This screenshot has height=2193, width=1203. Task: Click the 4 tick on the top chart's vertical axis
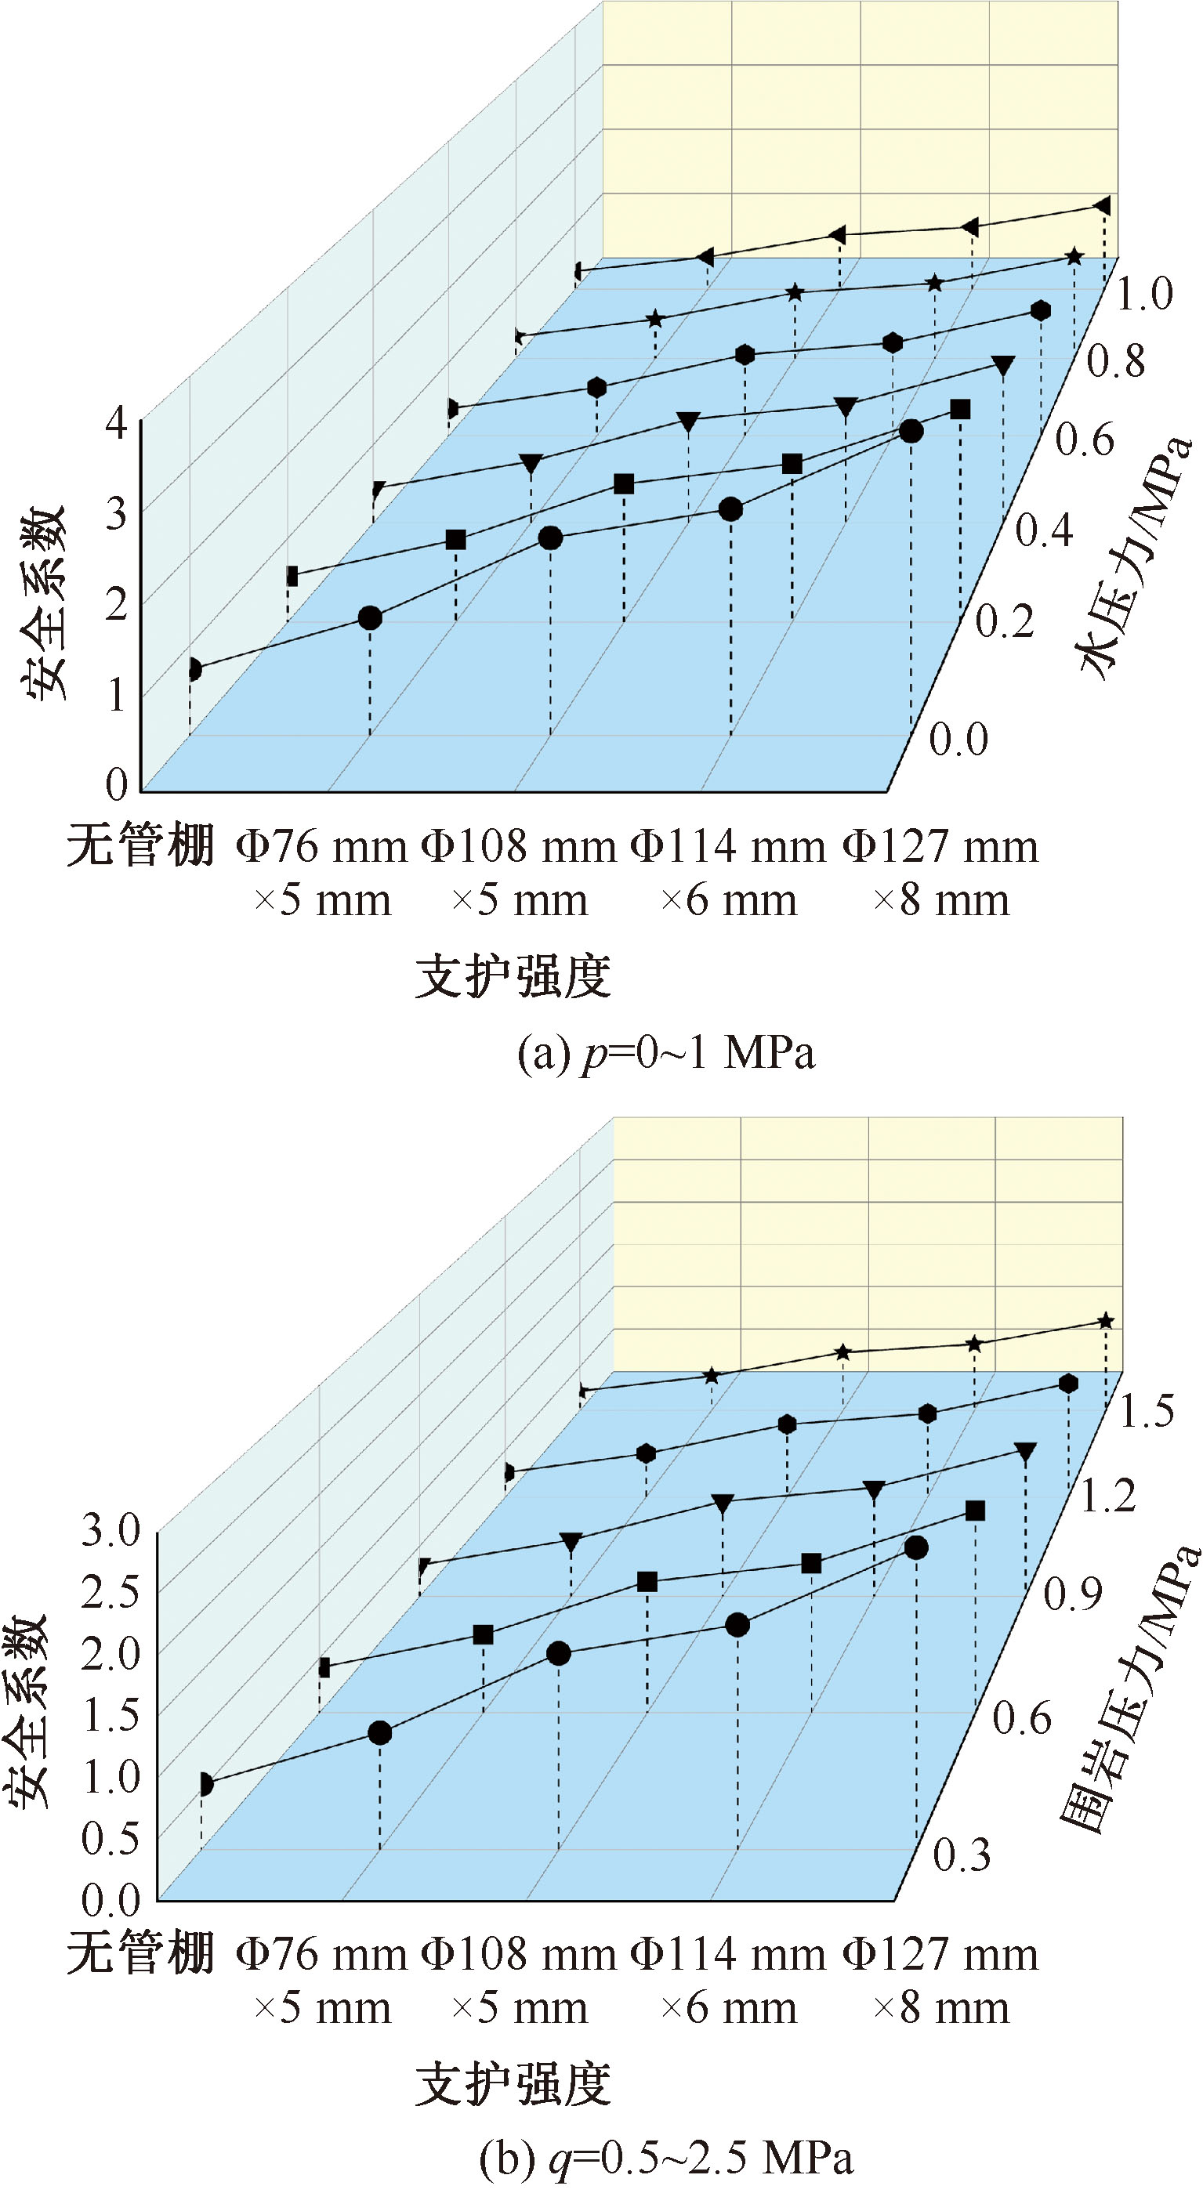click(116, 422)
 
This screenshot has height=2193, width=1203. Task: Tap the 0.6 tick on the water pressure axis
click(1085, 440)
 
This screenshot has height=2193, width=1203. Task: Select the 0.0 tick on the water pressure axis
click(958, 739)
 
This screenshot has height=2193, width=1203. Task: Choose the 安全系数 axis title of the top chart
click(42, 603)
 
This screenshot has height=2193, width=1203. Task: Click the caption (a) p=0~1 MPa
click(666, 1053)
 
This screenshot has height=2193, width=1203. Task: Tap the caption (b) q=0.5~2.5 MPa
click(666, 2158)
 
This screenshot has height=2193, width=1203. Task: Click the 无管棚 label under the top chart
click(140, 846)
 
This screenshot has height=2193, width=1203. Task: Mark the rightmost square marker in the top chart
click(960, 410)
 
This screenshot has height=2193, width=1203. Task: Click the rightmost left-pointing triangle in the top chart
click(1102, 205)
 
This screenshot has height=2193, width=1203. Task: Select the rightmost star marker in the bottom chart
click(1105, 1321)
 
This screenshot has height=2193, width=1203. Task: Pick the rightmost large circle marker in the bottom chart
click(916, 1547)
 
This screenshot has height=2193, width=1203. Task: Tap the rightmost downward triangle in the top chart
click(1003, 366)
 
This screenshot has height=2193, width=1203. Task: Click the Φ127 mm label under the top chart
click(940, 846)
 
